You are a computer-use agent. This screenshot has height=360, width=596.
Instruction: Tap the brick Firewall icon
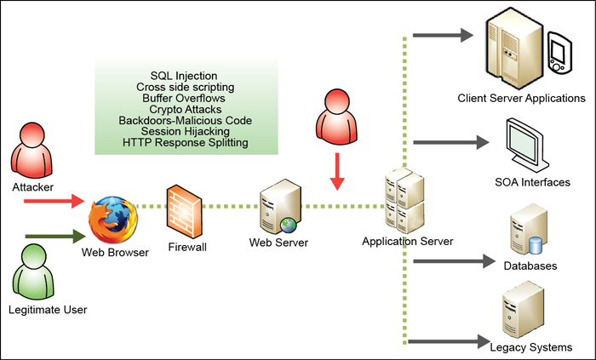(x=185, y=209)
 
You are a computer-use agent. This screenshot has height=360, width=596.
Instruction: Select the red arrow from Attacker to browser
(x=53, y=203)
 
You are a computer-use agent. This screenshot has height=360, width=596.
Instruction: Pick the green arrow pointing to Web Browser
(x=53, y=237)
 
